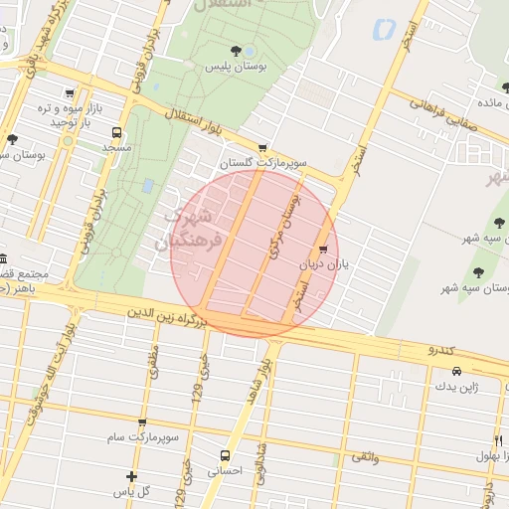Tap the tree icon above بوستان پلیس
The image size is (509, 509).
(236, 51)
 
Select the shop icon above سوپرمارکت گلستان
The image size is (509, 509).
(262, 146)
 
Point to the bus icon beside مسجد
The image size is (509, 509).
(118, 131)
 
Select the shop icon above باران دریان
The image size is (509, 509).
(322, 250)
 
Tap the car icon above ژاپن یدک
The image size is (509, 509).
(443, 371)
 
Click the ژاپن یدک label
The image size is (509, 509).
(443, 387)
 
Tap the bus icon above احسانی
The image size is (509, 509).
(225, 456)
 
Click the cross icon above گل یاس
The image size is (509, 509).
(131, 476)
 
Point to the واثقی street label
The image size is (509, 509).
(365, 455)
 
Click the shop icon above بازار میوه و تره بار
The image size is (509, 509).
(68, 93)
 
